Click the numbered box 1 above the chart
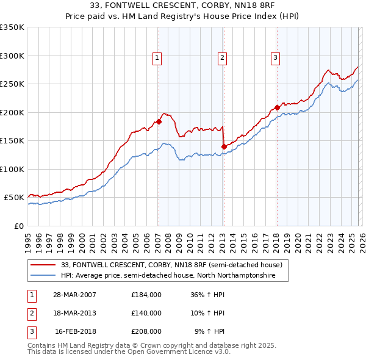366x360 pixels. [157, 58]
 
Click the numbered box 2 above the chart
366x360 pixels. [222, 58]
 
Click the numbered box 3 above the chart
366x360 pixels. [275, 58]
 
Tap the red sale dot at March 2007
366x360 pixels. [159, 121]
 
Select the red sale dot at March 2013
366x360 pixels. [223, 146]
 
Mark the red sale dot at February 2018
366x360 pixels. [277, 108]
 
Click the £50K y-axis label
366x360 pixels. [13, 198]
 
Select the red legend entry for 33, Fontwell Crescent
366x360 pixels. [171, 265]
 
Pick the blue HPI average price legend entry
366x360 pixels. [168, 276]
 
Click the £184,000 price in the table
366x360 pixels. [146, 294]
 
